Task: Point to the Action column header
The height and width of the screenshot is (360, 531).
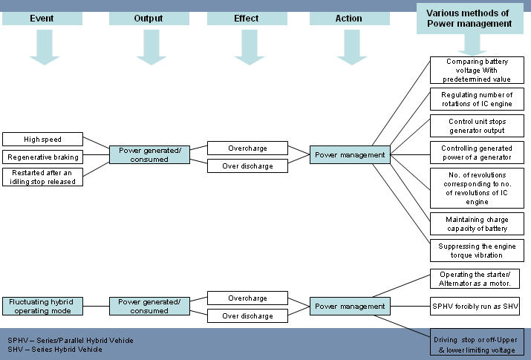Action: tap(348, 18)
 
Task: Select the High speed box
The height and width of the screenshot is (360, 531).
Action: tap(42, 139)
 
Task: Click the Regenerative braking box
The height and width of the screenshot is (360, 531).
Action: tap(42, 157)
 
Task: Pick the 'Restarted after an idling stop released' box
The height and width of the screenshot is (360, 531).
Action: tap(42, 177)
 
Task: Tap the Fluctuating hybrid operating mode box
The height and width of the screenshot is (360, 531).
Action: tap(42, 307)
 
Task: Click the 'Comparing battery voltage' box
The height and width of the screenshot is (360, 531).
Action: tap(477, 70)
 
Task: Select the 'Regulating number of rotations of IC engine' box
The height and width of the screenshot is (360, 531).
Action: tap(477, 99)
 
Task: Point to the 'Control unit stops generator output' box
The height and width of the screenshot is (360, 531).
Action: tap(477, 126)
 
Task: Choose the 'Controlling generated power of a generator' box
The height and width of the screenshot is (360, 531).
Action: tap(477, 153)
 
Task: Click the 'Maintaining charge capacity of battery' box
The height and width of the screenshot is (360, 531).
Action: tap(477, 223)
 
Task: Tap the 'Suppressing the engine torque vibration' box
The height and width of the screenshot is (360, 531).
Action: tap(477, 250)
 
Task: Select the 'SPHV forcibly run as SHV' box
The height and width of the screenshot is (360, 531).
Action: tap(477, 305)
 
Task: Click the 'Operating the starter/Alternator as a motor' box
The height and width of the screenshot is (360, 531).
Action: tap(477, 280)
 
